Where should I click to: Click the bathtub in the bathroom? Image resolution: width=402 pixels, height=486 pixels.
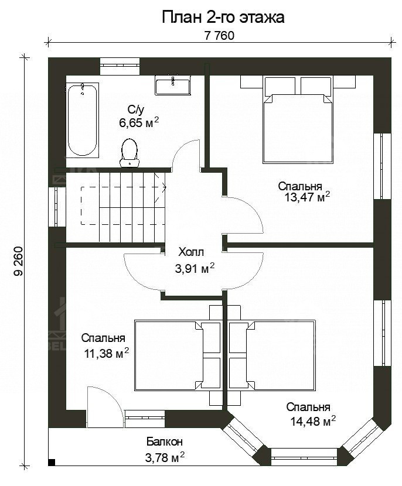pos(82,119)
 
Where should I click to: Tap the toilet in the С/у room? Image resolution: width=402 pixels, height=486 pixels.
pos(129,153)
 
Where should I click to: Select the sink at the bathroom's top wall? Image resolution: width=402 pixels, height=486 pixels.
pos(172,85)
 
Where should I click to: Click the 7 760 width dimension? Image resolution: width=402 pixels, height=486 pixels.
pos(219,36)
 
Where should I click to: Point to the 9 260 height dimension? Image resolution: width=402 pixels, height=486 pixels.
pos(19,261)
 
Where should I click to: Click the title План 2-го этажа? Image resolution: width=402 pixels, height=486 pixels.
pos(223,18)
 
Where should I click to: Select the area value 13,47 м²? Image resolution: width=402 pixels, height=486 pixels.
pos(307,197)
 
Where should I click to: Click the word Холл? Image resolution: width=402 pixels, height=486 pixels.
pos(191,252)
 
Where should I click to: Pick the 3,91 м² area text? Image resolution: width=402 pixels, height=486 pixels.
pos(195,268)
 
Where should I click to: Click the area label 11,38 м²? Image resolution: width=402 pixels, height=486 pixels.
pos(107,353)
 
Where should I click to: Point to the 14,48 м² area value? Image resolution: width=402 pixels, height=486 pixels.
pos(313,422)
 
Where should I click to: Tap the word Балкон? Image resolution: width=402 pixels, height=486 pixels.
pos(165,441)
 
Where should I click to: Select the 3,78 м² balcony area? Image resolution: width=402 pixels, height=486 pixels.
pos(165,457)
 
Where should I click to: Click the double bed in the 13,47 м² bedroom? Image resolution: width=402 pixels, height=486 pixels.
pos(298,119)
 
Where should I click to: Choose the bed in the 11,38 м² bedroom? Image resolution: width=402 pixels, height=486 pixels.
pos(178,356)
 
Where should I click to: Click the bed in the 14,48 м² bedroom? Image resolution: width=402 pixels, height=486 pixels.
pos(272,356)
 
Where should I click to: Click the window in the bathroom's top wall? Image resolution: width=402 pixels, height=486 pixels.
pos(120,66)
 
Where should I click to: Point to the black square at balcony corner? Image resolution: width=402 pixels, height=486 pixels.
pos(52,462)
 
